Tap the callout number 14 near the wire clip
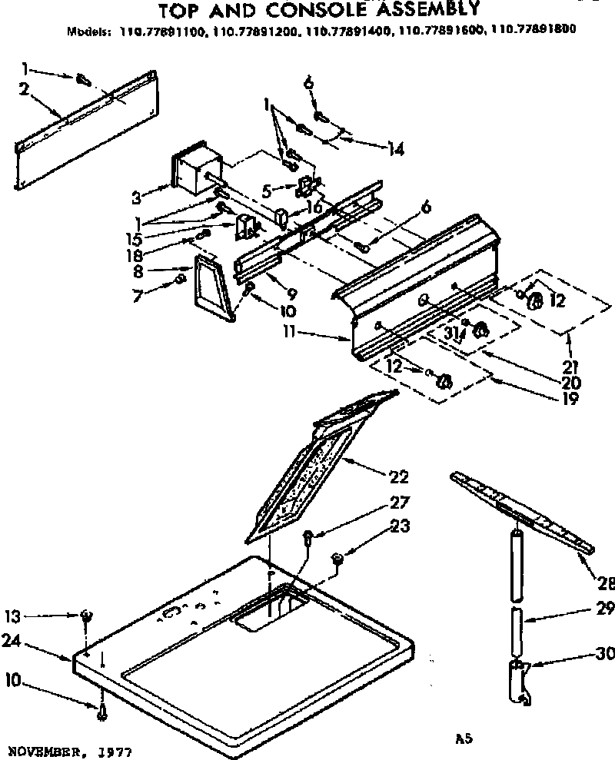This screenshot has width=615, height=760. coord(395,150)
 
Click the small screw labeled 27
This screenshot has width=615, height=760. coord(307,536)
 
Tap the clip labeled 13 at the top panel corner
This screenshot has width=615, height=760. coord(87,615)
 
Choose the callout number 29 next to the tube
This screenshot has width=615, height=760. coord(604,611)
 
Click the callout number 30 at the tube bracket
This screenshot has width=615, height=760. coord(604,654)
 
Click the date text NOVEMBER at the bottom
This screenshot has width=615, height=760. coord(45,748)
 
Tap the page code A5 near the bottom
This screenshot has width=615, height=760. coord(461,738)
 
